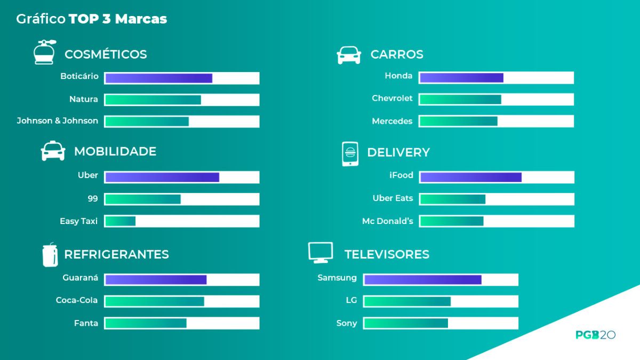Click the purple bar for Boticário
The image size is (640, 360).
pyautogui.click(x=158, y=78)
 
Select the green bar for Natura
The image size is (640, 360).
pyautogui.click(x=153, y=100)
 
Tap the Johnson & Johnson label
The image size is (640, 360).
pyautogui.click(x=58, y=121)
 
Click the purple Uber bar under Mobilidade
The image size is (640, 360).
pyautogui.click(x=162, y=177)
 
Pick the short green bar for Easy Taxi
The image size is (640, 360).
pyautogui.click(x=121, y=221)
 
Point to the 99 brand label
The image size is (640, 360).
pyautogui.click(x=93, y=198)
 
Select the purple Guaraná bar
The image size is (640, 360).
pyautogui.click(x=156, y=279)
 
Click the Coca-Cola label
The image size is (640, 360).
pyautogui.click(x=77, y=300)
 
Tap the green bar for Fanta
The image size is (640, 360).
pyautogui.click(x=146, y=323)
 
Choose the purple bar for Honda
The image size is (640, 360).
pyautogui.click(x=461, y=78)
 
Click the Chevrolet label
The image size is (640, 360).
pyautogui.click(x=392, y=99)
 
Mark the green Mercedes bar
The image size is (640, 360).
pyautogui.click(x=459, y=121)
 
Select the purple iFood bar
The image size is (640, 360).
pyautogui.click(x=470, y=177)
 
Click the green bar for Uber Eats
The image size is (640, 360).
pyautogui.click(x=453, y=199)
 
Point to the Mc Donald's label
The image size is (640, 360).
pyautogui.click(x=388, y=221)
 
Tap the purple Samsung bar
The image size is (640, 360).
pyautogui.click(x=422, y=279)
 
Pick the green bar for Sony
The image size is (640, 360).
pyautogui.click(x=406, y=323)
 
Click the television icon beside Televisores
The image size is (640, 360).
pyautogui.click(x=321, y=252)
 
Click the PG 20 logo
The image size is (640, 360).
pyautogui.click(x=595, y=335)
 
